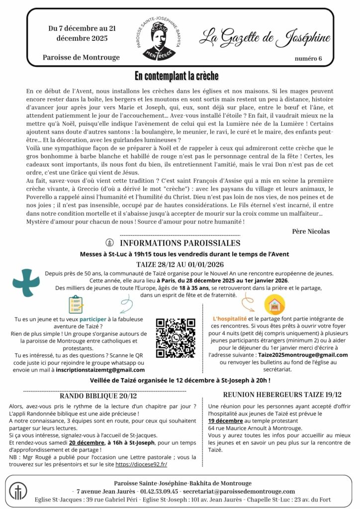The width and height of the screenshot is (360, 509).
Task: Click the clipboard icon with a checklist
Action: (76, 304)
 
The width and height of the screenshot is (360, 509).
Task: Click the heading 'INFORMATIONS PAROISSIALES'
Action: (180, 243)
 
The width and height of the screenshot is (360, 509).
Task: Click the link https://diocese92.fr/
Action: (142, 465)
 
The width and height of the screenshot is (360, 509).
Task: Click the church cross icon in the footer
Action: (18, 490)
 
